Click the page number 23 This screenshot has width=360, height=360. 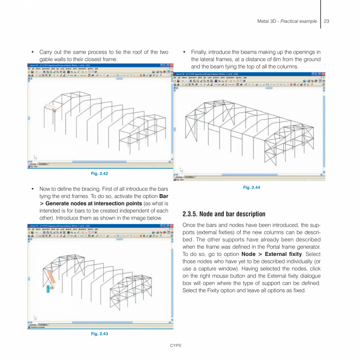pos(326,21)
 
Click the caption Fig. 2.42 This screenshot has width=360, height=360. pos(99,173)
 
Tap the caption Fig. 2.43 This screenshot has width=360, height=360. pos(99,334)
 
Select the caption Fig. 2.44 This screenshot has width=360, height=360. pos(251,187)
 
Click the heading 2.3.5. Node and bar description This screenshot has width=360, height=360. pos(224,214)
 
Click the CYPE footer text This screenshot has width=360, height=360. pos(175,346)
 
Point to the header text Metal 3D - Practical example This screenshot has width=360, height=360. pos(287,21)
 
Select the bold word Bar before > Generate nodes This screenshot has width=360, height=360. pos(164,196)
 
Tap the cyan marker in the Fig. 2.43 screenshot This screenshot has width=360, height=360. pos(48,289)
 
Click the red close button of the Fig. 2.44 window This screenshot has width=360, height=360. pos(323,74)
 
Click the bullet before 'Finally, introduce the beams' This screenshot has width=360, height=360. pos(184,52)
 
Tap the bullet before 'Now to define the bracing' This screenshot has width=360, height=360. pos(33,189)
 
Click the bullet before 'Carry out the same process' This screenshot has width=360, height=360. pos(33,52)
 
